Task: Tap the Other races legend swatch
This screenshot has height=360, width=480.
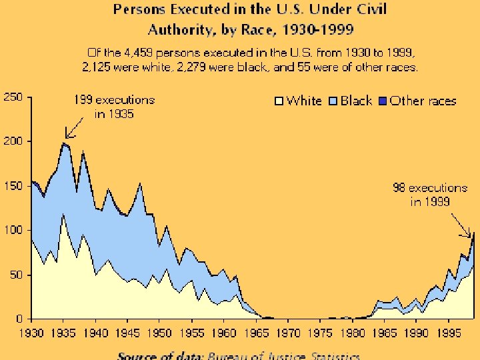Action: [x=383, y=102]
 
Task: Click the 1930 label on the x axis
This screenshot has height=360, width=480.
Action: [x=31, y=331]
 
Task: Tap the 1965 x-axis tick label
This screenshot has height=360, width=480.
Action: [x=255, y=331]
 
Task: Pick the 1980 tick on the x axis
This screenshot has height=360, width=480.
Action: [x=351, y=331]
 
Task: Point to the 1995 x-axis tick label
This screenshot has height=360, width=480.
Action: [x=447, y=331]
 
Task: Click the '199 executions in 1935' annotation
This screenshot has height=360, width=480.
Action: [x=113, y=107]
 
